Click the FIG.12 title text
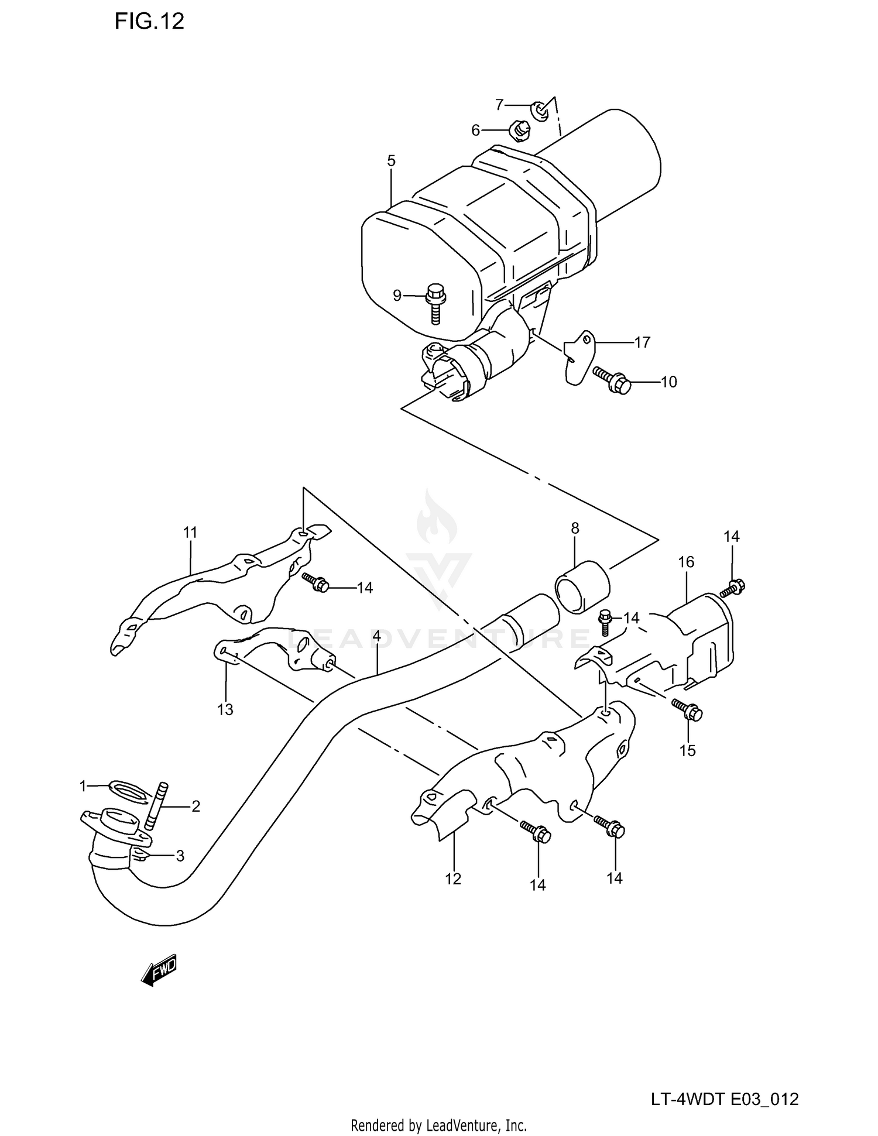point(149,22)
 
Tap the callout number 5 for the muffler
point(391,161)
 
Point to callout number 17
point(642,342)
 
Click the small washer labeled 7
point(540,109)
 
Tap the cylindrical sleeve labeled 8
point(582,586)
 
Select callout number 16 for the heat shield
point(686,562)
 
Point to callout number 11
point(190,533)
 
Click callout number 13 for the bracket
point(225,709)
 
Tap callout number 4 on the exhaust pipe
point(377,636)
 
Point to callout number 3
point(180,856)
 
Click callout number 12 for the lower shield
point(453,878)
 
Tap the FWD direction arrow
point(159,971)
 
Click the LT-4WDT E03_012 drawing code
point(725,1099)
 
